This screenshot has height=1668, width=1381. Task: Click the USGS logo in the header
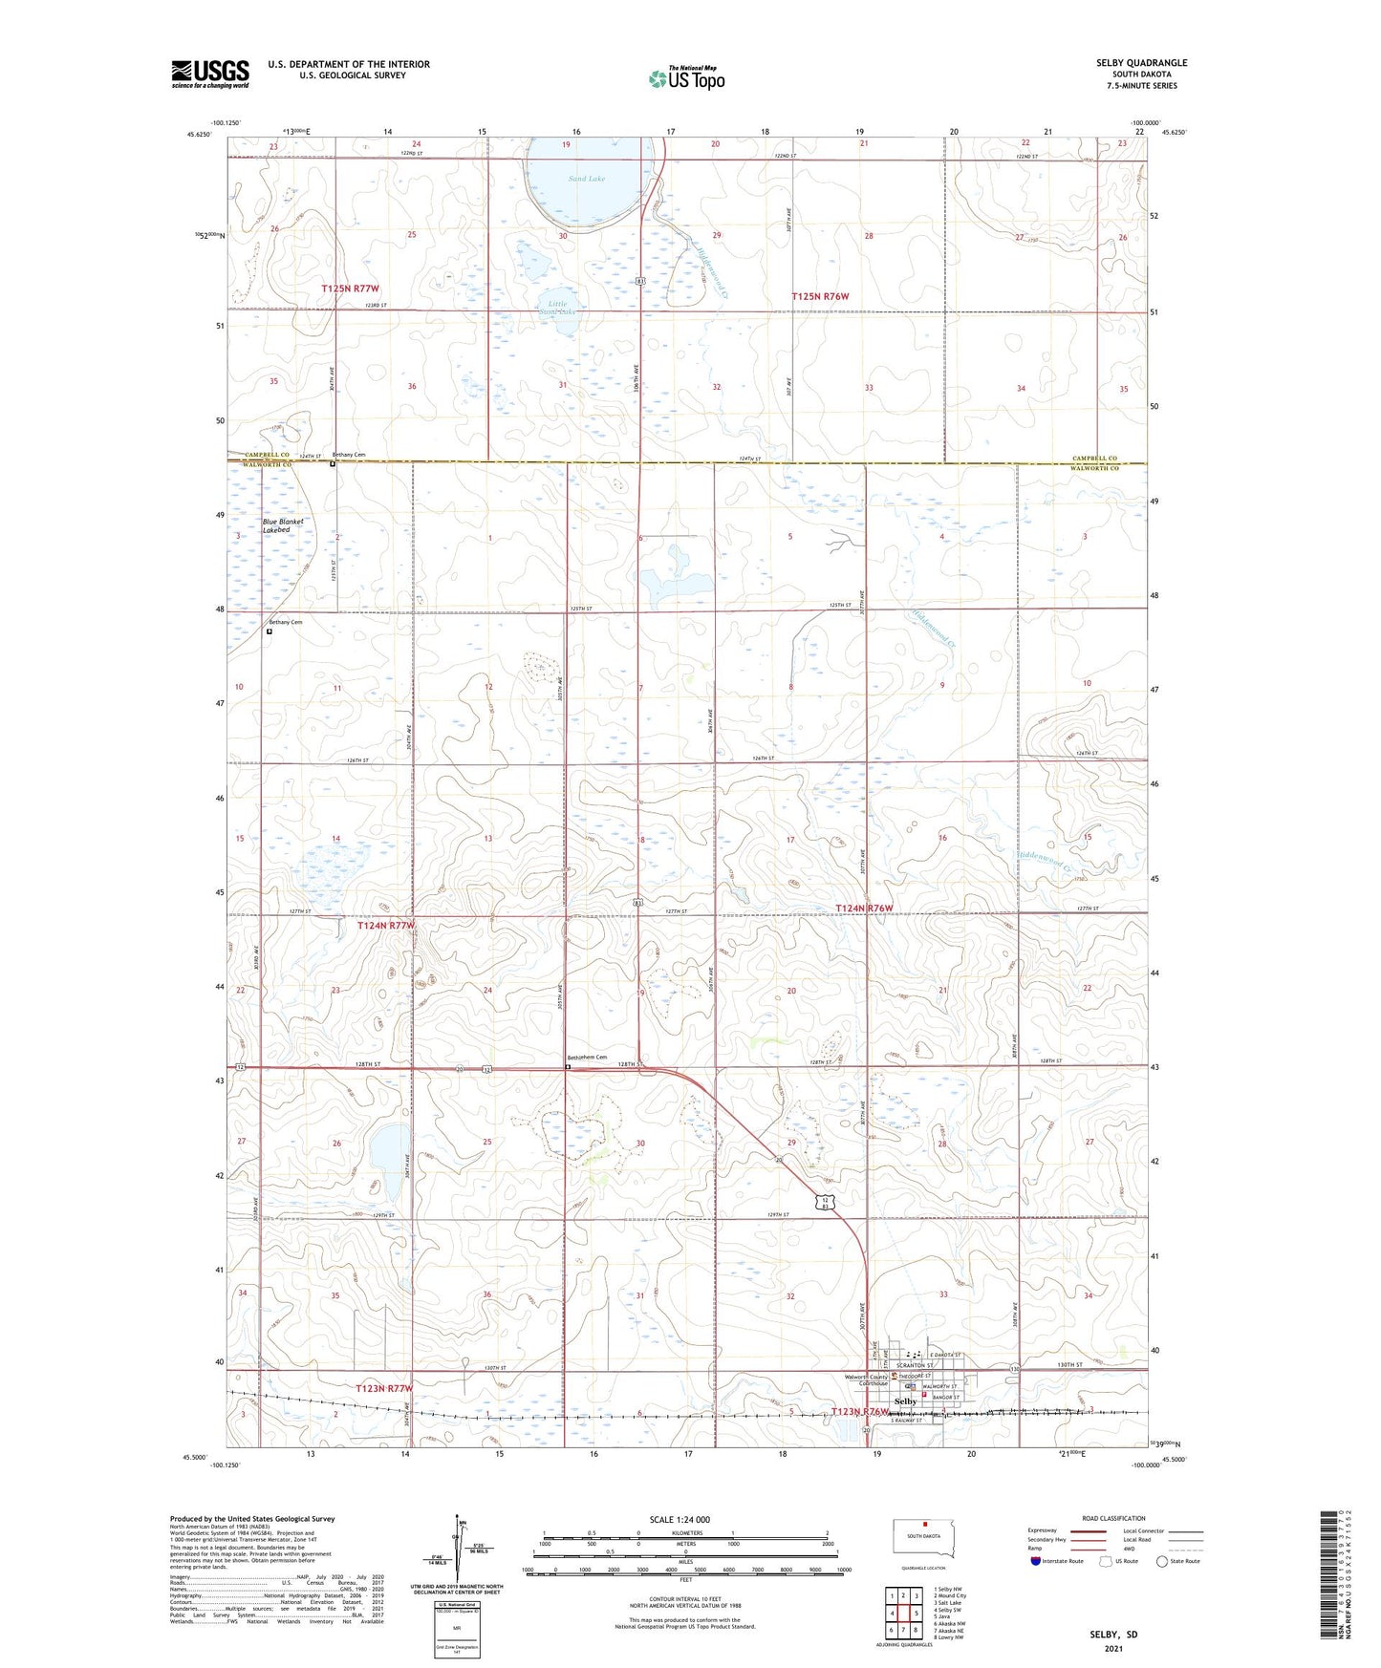(x=210, y=74)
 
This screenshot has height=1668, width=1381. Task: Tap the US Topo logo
(x=686, y=77)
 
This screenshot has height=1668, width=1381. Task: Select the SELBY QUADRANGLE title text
(x=1141, y=63)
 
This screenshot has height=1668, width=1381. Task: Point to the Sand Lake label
(x=586, y=179)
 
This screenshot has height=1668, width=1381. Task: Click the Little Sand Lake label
(x=558, y=309)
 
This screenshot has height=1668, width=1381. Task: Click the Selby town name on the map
(x=904, y=1401)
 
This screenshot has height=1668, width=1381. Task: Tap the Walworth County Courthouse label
(x=865, y=1379)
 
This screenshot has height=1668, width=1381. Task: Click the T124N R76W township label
(x=863, y=908)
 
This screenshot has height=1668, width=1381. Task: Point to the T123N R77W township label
(x=384, y=1388)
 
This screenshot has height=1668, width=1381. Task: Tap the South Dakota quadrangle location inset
(x=922, y=1540)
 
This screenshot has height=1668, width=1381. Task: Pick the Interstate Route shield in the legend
(x=1036, y=1561)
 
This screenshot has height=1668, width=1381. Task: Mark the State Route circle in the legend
(x=1162, y=1561)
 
